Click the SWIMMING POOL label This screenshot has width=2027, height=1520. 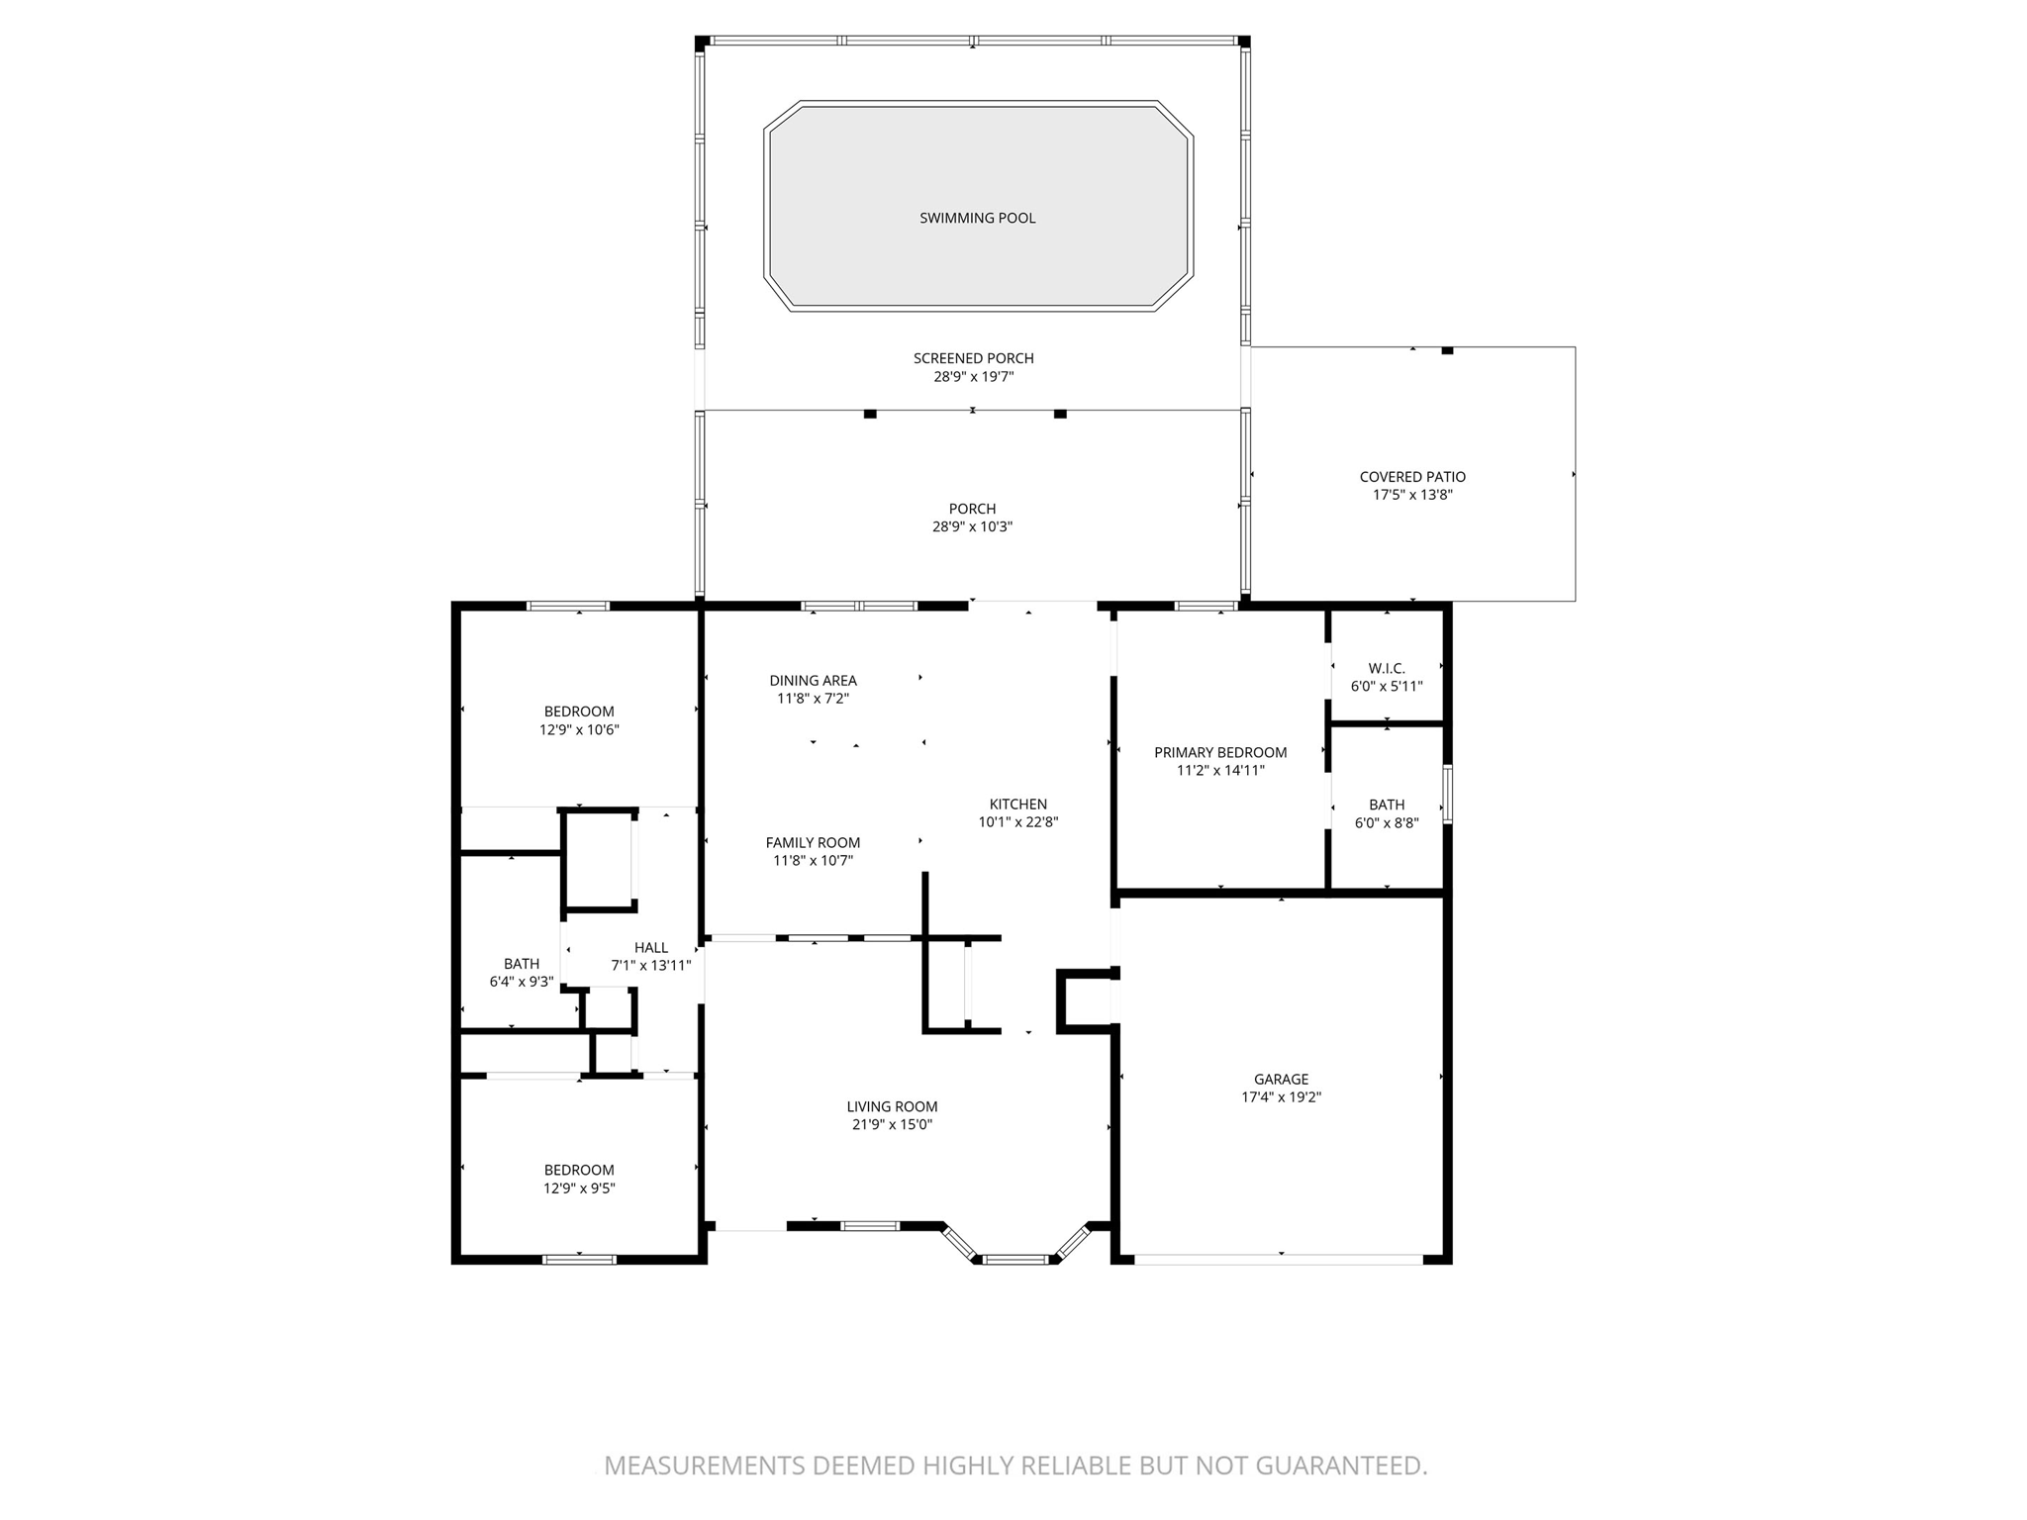(x=977, y=218)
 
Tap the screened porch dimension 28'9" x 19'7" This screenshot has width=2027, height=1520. (x=974, y=377)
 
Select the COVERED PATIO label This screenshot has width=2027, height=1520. (x=1412, y=477)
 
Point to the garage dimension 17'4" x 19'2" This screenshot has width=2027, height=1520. (x=1281, y=1097)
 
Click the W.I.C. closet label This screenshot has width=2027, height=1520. (x=1386, y=668)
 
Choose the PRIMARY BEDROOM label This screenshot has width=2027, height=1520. (x=1220, y=752)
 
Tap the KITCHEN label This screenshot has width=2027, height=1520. (x=1017, y=804)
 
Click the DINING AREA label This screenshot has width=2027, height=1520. (x=813, y=680)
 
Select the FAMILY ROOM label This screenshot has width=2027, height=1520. (x=813, y=842)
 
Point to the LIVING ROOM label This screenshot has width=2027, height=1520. (x=892, y=1106)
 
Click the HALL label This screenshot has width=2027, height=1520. (x=651, y=947)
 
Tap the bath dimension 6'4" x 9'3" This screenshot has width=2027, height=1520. (x=521, y=982)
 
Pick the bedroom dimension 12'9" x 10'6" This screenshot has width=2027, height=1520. (x=579, y=730)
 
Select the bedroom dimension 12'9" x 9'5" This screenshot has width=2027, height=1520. (x=579, y=1188)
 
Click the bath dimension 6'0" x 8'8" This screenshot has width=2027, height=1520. (x=1386, y=822)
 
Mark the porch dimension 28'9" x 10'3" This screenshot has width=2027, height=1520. (x=972, y=527)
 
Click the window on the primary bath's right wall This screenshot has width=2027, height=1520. (x=1447, y=794)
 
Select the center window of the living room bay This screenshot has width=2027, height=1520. (x=1014, y=1260)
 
